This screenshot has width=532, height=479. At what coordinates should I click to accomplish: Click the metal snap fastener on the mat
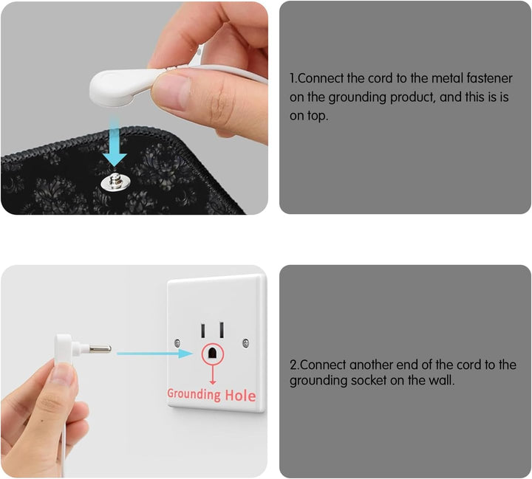(x=115, y=182)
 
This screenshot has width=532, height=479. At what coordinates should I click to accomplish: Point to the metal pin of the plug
(x=100, y=348)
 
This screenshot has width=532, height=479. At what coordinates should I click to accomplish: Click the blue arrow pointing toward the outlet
(x=155, y=354)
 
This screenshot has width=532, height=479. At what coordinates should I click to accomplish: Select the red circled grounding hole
(x=213, y=354)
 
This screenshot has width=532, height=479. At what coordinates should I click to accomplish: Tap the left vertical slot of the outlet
(x=203, y=330)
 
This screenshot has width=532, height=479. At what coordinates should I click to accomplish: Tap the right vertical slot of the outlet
(x=222, y=329)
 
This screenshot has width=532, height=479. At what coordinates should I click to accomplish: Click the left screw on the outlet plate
(x=177, y=343)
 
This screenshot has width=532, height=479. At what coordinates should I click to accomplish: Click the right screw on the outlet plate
(x=246, y=343)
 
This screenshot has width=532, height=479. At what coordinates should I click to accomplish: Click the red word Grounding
(x=194, y=394)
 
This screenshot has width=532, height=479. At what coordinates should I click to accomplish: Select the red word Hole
(x=241, y=396)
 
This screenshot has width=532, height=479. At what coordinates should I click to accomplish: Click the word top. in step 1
(x=318, y=117)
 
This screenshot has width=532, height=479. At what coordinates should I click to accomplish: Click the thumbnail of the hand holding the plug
(x=134, y=371)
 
